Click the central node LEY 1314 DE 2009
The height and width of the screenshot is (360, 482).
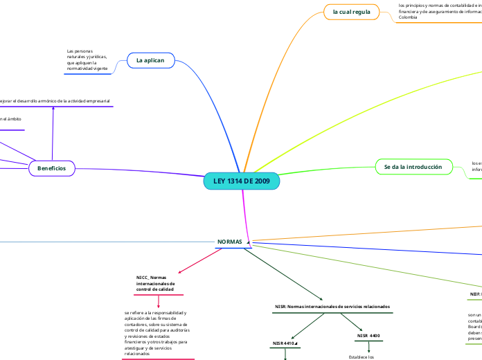click(x=242, y=181)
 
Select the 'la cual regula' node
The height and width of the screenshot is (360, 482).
click(x=352, y=12)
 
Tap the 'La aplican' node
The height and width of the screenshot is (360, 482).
click(x=150, y=61)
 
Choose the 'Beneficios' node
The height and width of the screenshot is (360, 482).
click(x=52, y=168)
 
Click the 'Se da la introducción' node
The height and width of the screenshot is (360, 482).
click(x=413, y=167)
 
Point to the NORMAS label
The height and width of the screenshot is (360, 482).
click(x=230, y=242)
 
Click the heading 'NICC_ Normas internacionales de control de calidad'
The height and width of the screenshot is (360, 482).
click(x=157, y=283)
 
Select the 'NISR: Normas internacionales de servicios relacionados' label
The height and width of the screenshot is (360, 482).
click(x=332, y=306)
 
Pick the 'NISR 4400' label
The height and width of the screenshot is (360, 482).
click(x=368, y=336)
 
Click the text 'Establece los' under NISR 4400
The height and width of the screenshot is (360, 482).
click(x=361, y=357)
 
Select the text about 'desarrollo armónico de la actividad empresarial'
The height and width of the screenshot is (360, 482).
click(x=55, y=101)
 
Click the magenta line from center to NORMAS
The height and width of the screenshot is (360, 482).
click(x=245, y=215)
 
